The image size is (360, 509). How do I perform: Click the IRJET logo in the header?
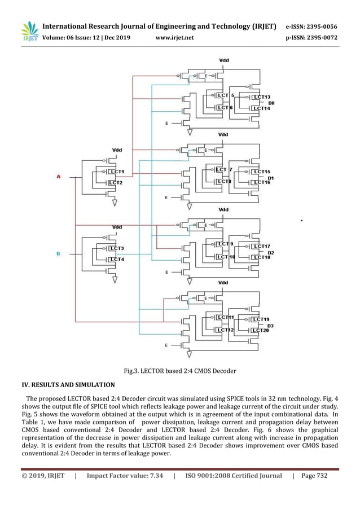tap(29, 31)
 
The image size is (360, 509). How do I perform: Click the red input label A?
tap(58, 177)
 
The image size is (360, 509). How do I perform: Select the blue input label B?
tap(58, 254)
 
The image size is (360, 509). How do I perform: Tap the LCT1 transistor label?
tap(117, 172)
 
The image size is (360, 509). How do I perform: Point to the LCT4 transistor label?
tap(117, 260)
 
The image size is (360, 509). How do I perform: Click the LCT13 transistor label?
tap(261, 97)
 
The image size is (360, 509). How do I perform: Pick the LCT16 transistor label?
tap(261, 182)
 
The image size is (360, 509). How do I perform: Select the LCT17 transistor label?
tap(261, 246)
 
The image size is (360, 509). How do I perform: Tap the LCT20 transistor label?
tap(260, 330)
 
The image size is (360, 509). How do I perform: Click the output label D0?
tap(271, 103)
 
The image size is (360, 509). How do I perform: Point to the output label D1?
tap(271, 178)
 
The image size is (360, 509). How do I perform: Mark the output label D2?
tap(271, 252)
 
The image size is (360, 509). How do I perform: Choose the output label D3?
tap(270, 326)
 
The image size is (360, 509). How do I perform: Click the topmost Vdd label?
tap(224, 60)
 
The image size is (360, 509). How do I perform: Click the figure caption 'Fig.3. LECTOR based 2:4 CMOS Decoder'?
tap(179, 371)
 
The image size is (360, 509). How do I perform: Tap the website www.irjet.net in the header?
tap(174, 38)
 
